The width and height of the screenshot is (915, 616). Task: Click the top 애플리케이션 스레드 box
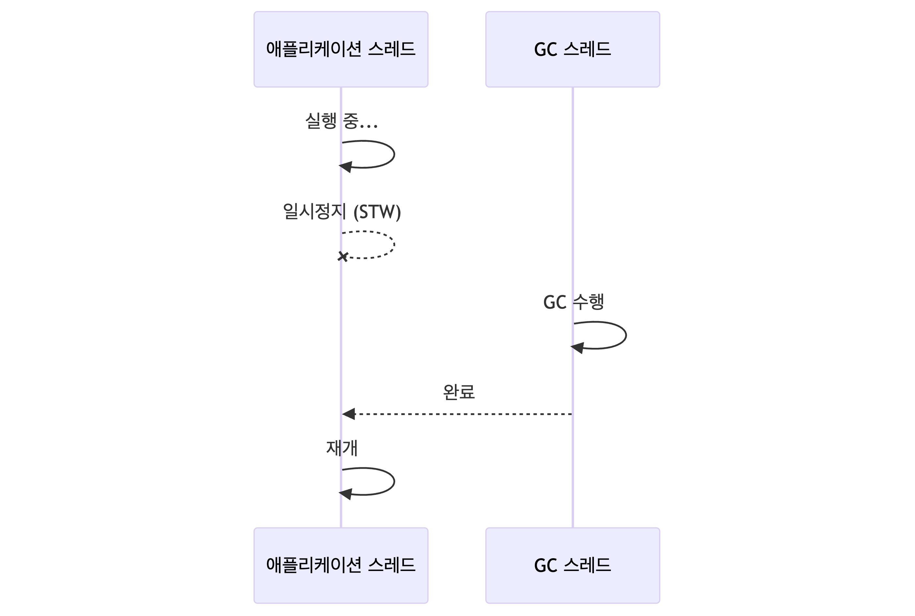click(341, 49)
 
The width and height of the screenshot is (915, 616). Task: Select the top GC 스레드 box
click(572, 49)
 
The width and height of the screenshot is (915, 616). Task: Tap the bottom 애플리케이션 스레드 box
click(341, 565)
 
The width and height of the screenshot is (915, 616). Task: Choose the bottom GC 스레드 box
click(572, 565)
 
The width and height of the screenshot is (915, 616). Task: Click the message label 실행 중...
click(341, 121)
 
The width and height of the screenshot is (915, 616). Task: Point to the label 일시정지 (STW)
click(342, 212)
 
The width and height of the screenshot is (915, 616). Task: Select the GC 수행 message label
click(573, 302)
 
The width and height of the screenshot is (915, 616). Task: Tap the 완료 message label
click(458, 392)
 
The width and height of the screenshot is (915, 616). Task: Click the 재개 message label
click(342, 448)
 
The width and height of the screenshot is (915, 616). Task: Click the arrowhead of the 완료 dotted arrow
click(349, 414)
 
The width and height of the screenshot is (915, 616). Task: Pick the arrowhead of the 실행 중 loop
click(346, 167)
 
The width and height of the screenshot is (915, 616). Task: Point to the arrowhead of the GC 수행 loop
click(577, 347)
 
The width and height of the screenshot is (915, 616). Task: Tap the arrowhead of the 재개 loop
click(346, 494)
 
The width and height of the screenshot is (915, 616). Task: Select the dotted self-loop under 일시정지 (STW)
click(394, 245)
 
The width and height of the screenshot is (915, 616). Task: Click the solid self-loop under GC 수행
click(626, 335)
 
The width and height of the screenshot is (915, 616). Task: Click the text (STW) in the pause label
click(377, 212)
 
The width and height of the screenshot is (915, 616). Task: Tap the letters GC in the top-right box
click(545, 50)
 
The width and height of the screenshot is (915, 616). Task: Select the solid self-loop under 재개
click(394, 481)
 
